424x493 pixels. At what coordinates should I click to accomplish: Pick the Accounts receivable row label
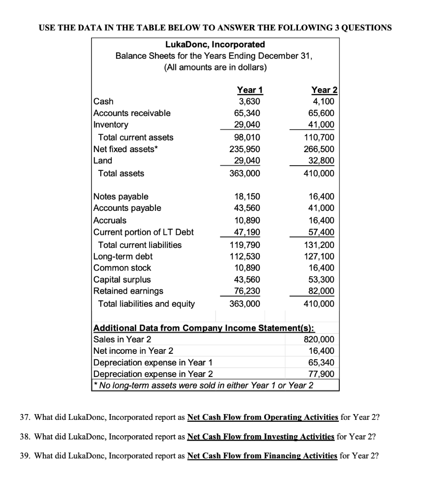[131, 113]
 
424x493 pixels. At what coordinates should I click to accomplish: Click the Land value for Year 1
[249, 161]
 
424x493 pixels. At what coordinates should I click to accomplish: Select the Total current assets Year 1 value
[249, 137]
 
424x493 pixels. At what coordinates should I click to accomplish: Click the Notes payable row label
[121, 196]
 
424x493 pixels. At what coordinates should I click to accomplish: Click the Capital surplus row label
[122, 280]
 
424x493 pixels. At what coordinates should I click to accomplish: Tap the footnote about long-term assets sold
[205, 386]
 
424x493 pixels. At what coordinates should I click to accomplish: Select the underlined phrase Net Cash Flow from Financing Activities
[262, 455]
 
